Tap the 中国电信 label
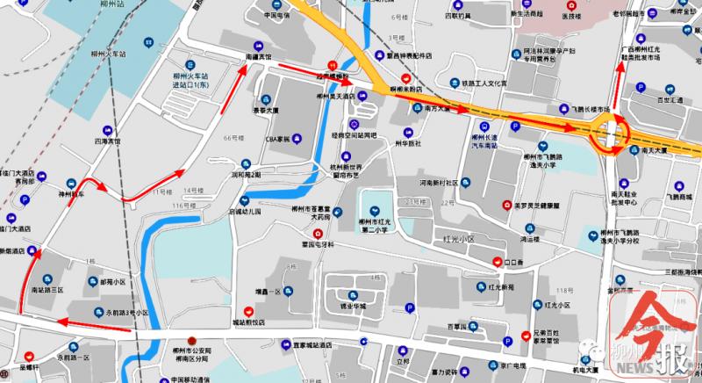[x=277, y=16]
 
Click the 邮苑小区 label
[x=99, y=283]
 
